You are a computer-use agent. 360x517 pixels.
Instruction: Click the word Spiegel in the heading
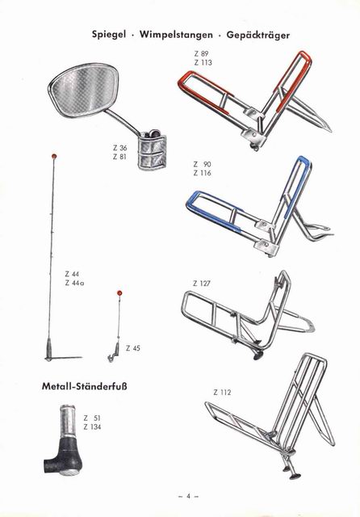(x=109, y=34)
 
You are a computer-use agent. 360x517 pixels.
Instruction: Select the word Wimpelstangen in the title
(x=176, y=34)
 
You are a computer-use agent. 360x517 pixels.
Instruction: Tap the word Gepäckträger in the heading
(x=258, y=35)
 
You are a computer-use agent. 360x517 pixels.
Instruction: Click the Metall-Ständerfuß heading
(x=84, y=386)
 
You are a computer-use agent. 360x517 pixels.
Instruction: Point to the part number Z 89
(x=201, y=53)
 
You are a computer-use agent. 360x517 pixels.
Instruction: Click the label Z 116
(x=203, y=173)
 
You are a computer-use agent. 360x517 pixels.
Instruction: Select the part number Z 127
(x=202, y=284)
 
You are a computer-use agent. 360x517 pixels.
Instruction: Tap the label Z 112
(x=222, y=393)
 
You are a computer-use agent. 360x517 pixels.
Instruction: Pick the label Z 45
(x=133, y=348)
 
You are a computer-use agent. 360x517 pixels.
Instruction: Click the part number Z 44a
(x=74, y=283)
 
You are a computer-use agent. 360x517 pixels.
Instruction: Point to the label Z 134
(x=92, y=427)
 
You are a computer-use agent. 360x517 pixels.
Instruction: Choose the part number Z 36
(x=120, y=148)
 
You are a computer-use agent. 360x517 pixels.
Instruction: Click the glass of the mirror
(x=84, y=88)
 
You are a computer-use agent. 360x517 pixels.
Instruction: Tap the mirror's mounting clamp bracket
(x=151, y=149)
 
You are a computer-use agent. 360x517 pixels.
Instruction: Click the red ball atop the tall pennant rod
(x=53, y=155)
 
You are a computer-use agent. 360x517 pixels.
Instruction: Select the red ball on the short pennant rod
(x=119, y=292)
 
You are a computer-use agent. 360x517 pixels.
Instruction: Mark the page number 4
(x=188, y=496)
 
